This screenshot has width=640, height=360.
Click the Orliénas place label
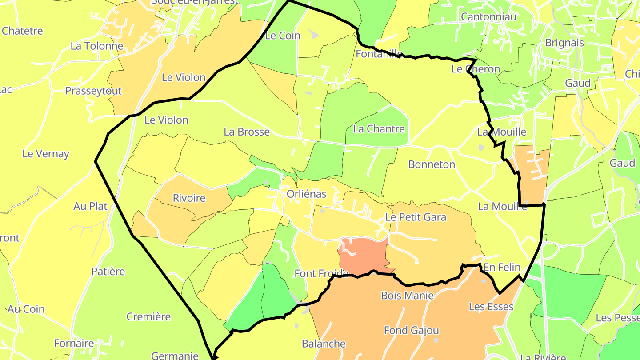[306, 194]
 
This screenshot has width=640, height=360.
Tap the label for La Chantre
[379, 129]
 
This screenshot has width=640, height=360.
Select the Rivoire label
[189, 198]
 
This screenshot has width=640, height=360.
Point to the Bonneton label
[432, 164]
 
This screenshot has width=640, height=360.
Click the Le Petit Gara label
[416, 217]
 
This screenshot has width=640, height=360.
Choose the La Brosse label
[247, 132]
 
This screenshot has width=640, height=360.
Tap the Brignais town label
[564, 43]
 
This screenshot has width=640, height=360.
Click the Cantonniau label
[489, 17]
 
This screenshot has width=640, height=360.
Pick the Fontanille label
[379, 54]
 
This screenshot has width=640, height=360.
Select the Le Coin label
[283, 36]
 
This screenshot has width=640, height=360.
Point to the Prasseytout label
[93, 91]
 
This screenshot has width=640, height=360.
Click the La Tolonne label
[97, 46]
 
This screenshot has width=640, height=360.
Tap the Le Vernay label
[46, 154]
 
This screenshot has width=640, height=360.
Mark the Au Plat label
[91, 206]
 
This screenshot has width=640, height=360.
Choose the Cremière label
[148, 316]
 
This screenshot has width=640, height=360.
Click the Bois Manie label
[407, 295]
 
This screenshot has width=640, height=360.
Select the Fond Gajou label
[411, 330]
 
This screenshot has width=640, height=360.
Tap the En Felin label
[502, 267]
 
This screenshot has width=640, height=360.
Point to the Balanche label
[324, 344]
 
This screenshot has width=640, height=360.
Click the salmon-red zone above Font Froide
[362, 256]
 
